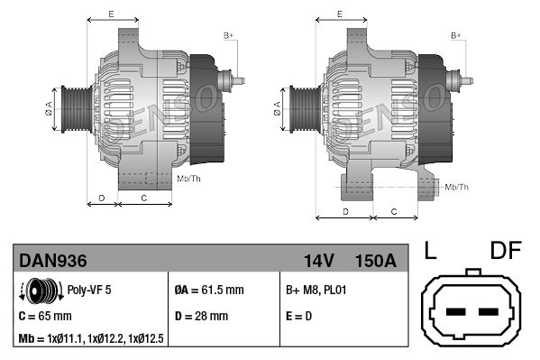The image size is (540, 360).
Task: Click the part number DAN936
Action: (53, 261)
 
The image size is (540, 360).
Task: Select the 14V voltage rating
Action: (319, 261)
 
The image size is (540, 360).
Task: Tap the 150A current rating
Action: (375, 261)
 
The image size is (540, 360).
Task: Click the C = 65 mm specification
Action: (45, 316)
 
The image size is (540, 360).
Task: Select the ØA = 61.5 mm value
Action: (208, 291)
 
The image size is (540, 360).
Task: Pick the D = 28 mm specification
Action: (200, 316)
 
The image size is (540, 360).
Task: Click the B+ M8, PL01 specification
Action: (316, 291)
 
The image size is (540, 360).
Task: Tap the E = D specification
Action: (298, 316)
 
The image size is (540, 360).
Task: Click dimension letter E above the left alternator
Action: (111, 14)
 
